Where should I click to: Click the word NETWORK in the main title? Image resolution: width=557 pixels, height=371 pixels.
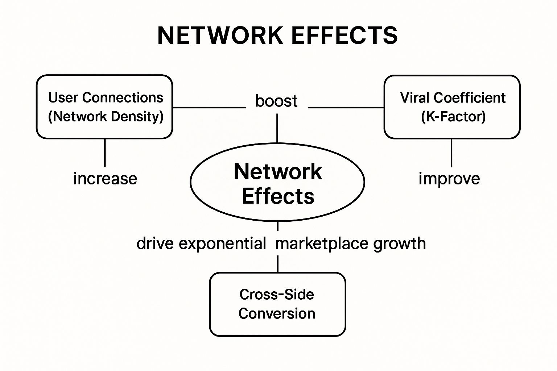coord(220,36)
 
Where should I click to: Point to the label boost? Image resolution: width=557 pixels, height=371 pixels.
coord(276,101)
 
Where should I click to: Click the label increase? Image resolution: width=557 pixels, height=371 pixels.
coord(105,179)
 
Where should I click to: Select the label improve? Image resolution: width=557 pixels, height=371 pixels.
coord(449,179)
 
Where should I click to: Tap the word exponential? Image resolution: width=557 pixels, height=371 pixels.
coord(222,243)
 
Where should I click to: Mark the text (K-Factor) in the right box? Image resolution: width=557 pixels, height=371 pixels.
coord(453,117)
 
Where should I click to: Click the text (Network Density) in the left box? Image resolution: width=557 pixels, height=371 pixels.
coord(106,117)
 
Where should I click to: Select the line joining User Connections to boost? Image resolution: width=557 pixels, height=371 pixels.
coord(209,108)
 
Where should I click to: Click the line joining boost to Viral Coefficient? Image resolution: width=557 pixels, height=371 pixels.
coord(346,108)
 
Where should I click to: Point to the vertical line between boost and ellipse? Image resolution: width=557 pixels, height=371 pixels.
coord(277,128)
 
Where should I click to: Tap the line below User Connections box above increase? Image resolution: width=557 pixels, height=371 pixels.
coord(105,153)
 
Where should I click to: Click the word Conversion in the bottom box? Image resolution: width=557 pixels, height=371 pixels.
coord(277,313)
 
